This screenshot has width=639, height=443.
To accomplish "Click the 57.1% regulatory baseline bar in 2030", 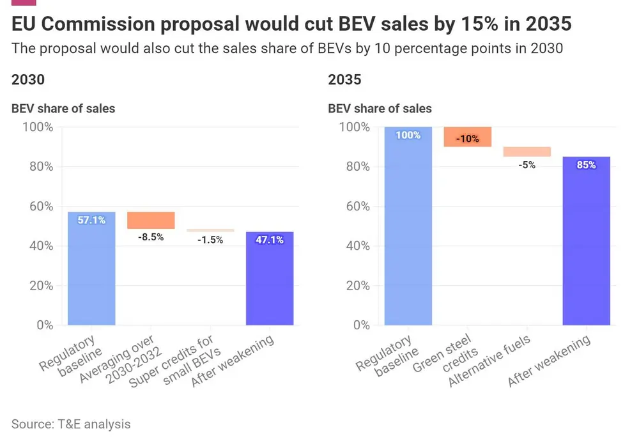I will coord(91,268).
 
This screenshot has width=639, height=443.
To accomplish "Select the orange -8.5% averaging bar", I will coord(151,221).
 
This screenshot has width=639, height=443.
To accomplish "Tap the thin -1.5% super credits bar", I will coord(210,230).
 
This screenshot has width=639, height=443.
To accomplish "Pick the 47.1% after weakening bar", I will coord(270,278).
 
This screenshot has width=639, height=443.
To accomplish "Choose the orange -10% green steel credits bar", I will coord(468,137).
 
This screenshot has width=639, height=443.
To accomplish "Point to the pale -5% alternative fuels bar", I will coord(527,152).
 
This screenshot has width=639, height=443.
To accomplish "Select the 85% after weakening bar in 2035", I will coord(587,240).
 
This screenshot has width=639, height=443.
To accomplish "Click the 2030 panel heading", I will coord(28,80).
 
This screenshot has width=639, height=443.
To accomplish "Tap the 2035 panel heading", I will coord(345,80).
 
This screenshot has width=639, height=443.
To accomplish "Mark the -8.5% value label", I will coord(151,237).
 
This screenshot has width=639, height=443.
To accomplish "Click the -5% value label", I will coord(527,164).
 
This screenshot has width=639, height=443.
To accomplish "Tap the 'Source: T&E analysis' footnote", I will coord(71,424).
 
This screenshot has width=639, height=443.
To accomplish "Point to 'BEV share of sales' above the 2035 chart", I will coord(380,109).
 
